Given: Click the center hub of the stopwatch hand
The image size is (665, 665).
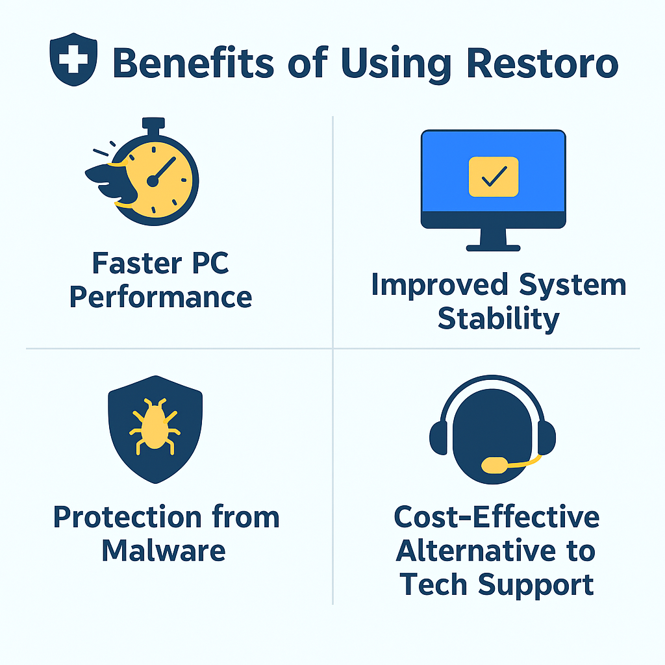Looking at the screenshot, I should [153, 181].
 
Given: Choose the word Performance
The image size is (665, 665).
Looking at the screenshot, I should [160, 297].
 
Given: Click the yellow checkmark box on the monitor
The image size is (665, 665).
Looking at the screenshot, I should [494, 176].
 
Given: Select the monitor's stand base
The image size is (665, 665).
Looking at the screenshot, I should [494, 247].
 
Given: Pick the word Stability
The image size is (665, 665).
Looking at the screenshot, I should [498, 319].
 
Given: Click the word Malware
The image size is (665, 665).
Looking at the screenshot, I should [164, 551].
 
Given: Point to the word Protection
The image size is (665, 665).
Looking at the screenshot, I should [129, 517].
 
